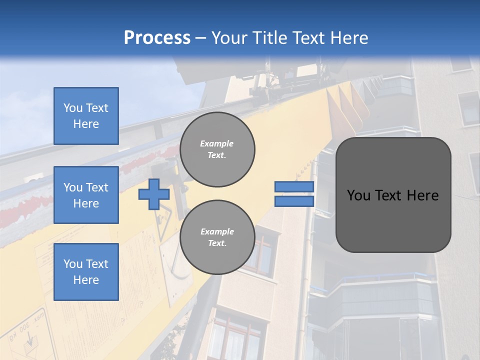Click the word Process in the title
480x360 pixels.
coord(157,38)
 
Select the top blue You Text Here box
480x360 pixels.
coord(86,116)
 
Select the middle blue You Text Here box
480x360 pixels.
coord(86,195)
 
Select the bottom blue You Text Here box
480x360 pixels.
coord(86,271)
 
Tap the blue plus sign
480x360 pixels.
coord(153,194)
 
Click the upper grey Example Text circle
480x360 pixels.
coord(217,149)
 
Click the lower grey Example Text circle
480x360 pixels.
coord(217,237)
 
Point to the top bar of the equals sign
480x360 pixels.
coord(294,187)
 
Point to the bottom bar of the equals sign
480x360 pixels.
coord(294,201)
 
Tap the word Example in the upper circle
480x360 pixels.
coord(217,143)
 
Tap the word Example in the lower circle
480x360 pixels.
coord(217,231)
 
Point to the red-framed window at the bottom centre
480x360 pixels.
coord(235,335)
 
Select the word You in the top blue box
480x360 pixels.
coord(73,108)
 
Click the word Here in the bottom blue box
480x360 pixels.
coord(86,280)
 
